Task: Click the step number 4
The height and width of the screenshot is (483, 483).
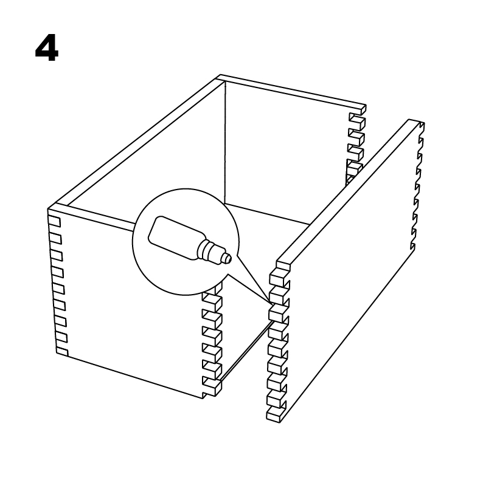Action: point(47,48)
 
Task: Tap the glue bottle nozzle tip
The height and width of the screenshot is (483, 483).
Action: point(228,258)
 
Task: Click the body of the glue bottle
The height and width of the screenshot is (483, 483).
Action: point(174,236)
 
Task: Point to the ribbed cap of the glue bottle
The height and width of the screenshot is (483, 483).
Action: point(210,250)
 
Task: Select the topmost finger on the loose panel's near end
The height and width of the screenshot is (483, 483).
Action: point(279,279)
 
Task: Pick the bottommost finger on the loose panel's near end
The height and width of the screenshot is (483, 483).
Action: point(276,414)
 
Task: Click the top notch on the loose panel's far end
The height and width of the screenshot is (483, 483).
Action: point(422,126)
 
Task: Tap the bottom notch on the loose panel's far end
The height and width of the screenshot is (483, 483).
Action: point(412,246)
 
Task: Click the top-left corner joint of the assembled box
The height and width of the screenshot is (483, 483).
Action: point(58,207)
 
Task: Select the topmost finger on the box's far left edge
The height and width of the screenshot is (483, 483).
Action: point(54,221)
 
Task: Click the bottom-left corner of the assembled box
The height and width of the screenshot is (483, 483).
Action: point(57,353)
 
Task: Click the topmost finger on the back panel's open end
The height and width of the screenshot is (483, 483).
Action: point(357,120)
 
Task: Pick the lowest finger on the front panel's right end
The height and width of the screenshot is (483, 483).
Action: point(212,386)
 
